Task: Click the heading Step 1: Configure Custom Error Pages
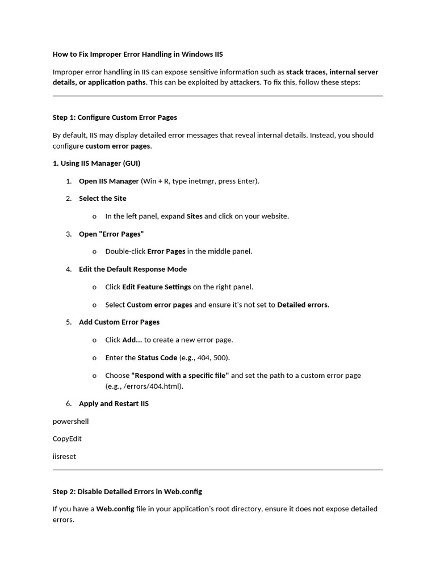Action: tap(115, 117)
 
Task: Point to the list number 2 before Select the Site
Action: tap(69, 199)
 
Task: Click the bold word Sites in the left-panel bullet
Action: tap(195, 216)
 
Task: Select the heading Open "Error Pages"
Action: tap(111, 234)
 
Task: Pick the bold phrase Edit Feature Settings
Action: tap(157, 287)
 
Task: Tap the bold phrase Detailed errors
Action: tap(302, 305)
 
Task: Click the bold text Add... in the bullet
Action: tap(132, 340)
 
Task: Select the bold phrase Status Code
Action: tap(157, 357)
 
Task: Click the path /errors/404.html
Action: tap(153, 386)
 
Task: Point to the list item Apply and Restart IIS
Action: tap(114, 404)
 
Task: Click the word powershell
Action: tap(71, 422)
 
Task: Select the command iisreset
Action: tap(64, 456)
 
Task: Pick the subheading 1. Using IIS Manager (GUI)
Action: tap(97, 163)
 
